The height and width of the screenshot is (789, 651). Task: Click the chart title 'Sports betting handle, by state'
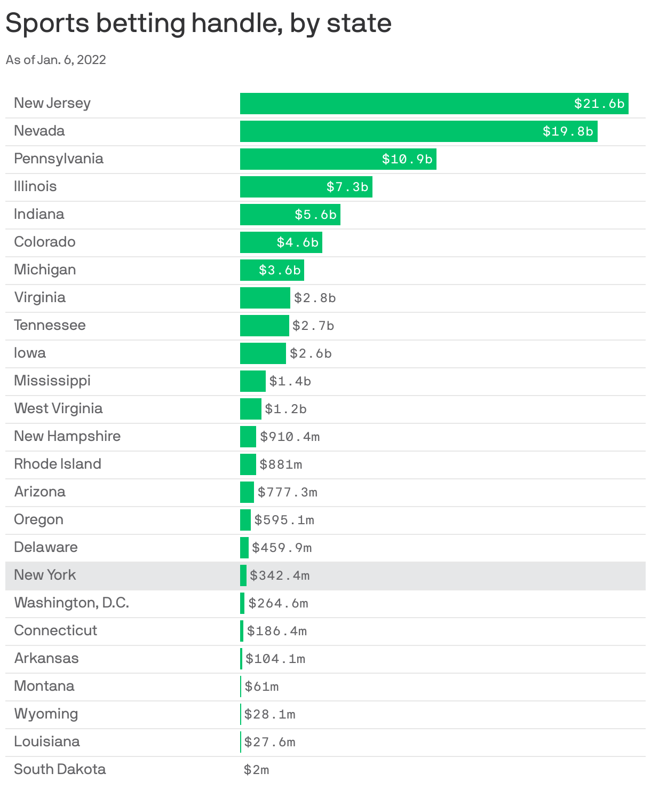pos(199,24)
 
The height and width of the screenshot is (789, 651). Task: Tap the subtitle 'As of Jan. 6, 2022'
pos(56,60)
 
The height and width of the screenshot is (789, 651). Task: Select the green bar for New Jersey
pos(406,104)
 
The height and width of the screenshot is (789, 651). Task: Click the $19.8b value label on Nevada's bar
pos(568,131)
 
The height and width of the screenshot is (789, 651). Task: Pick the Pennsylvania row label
pos(59,159)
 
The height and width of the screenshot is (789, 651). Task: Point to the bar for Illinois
pos(283,187)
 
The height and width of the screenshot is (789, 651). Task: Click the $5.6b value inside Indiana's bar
pos(316,215)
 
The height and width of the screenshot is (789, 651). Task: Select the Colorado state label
pos(45,242)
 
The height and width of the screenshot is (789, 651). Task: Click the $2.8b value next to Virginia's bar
pos(315,298)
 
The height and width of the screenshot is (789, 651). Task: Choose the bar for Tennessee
pos(264,326)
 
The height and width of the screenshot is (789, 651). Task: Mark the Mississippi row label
pos(52,381)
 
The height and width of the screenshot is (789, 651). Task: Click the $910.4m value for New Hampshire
pos(290,437)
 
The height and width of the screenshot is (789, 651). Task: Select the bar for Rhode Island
pos(248,464)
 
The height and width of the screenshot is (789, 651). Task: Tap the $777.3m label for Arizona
pos(288,492)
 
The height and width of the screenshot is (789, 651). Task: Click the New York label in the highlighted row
pos(45,575)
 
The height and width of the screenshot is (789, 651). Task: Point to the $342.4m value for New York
pos(280,575)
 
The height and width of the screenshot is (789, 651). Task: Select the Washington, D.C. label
pos(72,603)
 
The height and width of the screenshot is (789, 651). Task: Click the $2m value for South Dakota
pos(256,770)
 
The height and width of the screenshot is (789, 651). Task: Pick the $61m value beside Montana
pos(261,687)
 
